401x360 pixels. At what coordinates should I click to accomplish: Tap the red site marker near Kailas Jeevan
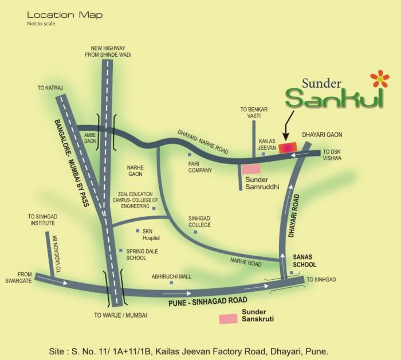[288, 147]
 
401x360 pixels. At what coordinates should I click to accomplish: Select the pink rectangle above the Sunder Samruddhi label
[250, 169]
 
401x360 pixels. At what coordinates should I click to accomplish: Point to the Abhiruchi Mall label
[171, 276]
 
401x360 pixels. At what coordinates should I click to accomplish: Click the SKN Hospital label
[151, 234]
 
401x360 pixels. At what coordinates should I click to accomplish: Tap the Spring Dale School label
[142, 255]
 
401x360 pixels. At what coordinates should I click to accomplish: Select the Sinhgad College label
[200, 221]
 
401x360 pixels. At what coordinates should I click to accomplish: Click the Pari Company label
[200, 167]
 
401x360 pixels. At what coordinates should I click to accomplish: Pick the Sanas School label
[304, 261]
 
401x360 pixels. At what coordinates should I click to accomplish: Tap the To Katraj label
[49, 88]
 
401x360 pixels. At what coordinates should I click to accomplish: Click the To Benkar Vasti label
[250, 112]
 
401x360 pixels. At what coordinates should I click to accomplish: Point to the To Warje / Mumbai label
[121, 315]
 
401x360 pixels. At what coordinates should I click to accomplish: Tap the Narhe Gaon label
[135, 170]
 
